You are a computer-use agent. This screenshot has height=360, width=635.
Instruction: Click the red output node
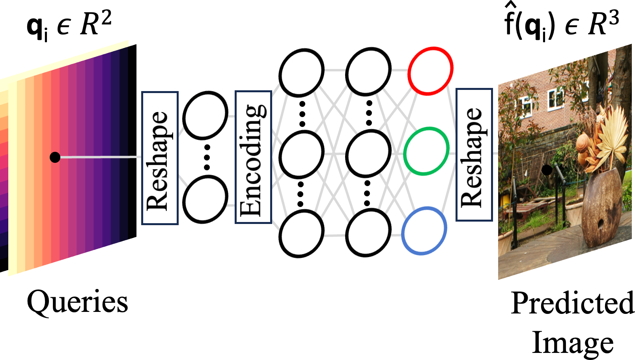pos(430,71)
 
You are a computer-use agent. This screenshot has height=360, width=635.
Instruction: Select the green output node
pos(426,151)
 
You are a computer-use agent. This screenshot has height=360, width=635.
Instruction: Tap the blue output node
pos(424,230)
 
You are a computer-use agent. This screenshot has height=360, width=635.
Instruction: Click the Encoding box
pos(253,157)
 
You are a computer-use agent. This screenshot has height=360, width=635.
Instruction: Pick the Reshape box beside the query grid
pos(160,158)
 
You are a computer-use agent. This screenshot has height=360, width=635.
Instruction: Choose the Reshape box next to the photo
pos(474,155)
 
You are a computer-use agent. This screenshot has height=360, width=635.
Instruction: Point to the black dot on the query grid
pos(55,157)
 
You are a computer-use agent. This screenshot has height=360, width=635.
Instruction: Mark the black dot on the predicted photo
pos(547,170)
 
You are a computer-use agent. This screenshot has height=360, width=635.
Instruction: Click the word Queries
pos(77,302)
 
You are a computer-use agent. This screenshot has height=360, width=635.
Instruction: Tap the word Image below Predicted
pos(573,342)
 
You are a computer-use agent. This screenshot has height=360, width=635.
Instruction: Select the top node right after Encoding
pos(301,73)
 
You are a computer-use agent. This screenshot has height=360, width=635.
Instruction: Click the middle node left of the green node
pos(368,153)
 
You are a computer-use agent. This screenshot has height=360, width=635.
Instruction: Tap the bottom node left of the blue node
pos(368,233)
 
